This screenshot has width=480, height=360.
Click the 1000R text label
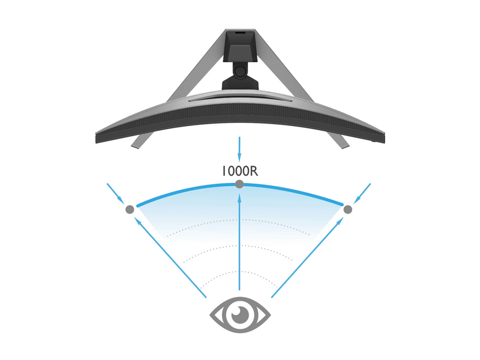tap(240, 171)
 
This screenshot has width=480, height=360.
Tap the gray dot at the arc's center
tap(239, 184)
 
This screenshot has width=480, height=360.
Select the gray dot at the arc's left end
tap(130, 209)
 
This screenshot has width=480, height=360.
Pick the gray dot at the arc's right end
tap(348, 209)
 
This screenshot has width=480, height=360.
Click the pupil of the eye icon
tap(239, 314)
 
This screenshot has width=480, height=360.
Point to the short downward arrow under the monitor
tap(239, 149)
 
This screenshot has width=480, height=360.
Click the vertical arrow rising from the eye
tap(239, 242)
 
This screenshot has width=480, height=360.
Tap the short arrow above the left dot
tap(115, 193)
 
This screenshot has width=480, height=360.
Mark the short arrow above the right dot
tap(362, 193)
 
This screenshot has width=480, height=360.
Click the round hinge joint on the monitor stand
tap(241, 70)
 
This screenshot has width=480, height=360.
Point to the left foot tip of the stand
tap(135, 146)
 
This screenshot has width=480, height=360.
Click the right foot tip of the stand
tap(346, 146)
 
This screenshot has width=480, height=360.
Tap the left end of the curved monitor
tap(97, 137)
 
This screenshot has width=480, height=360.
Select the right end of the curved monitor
tap(384, 137)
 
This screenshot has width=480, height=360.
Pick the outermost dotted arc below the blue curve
tap(239, 227)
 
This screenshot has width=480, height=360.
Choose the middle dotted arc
tap(239, 253)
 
